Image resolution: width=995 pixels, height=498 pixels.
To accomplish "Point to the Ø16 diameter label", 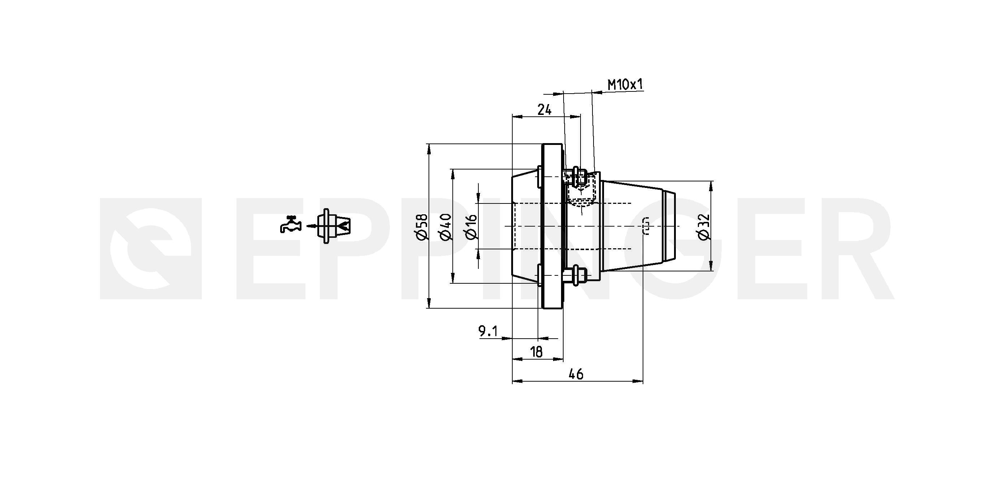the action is pyautogui.click(x=472, y=227).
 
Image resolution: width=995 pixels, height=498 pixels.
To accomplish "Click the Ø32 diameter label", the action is pyautogui.click(x=704, y=227).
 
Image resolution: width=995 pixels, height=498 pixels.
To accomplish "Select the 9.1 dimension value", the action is pyautogui.click(x=488, y=331).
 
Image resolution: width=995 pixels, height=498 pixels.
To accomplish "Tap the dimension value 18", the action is pyautogui.click(x=536, y=352).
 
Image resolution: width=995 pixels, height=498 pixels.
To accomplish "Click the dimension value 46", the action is pyautogui.click(x=576, y=374).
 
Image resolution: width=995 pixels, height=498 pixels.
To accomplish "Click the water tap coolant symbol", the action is pyautogui.click(x=290, y=224).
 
